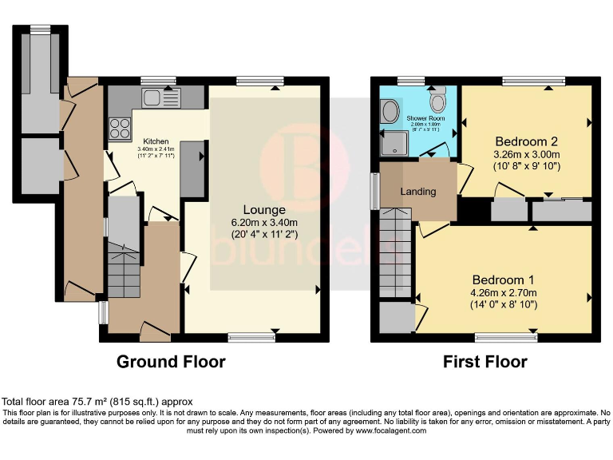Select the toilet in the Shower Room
[437, 101]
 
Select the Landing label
[418, 192]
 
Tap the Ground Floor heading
[171, 362]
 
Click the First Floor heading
[485, 362]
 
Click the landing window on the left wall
[374, 192]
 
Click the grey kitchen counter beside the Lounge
[192, 169]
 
